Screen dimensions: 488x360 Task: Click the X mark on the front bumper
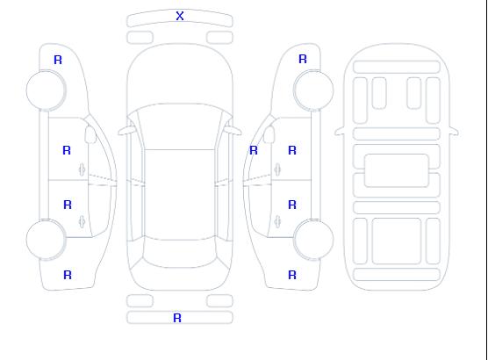point(180,16)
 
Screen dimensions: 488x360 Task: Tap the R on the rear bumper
point(177,318)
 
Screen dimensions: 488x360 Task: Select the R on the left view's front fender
point(58,60)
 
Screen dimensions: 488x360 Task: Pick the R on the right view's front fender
point(303,59)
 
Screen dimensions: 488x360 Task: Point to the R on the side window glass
point(254,150)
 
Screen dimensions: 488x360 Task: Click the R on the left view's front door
point(67,150)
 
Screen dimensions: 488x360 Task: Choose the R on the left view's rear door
point(68,205)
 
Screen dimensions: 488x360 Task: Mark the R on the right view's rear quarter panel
point(292,275)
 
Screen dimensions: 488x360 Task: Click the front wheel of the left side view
point(46,90)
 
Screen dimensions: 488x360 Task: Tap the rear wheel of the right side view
point(313,239)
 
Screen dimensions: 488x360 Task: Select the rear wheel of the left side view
point(46,240)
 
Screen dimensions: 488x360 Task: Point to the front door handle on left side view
point(83,169)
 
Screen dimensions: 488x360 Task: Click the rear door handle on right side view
point(277,221)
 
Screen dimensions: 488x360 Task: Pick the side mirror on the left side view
point(90,134)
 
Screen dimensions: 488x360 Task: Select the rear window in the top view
point(180,254)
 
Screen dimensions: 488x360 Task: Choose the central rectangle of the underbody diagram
point(397,170)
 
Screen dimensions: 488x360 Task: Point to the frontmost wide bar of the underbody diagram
point(397,68)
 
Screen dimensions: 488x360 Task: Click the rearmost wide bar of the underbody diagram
point(397,274)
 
